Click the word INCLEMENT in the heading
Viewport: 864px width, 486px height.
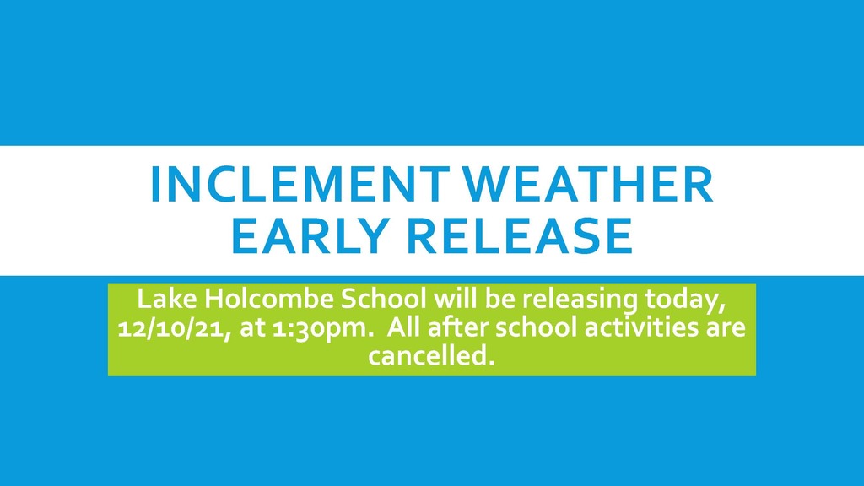coord(299,184)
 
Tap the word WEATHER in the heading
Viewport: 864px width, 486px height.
coord(587,184)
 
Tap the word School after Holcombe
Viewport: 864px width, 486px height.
coord(384,299)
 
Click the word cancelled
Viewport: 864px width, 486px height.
coord(431,355)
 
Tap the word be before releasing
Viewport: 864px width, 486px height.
coord(500,299)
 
